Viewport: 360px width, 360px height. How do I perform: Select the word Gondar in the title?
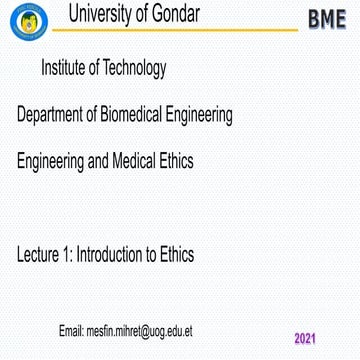point(199,14)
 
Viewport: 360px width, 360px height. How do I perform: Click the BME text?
point(327,20)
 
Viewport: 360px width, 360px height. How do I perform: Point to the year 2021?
point(305,338)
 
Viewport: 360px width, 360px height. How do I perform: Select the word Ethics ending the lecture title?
point(177,254)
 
